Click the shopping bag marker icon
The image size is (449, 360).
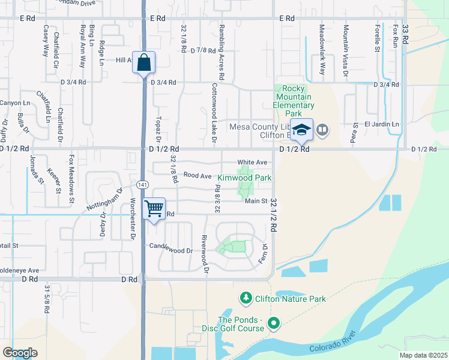click(x=144, y=62)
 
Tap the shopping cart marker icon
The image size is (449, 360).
click(x=154, y=209)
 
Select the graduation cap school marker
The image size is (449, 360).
click(x=301, y=130)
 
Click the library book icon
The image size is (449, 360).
click(x=322, y=130)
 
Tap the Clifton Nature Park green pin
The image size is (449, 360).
click(x=246, y=298)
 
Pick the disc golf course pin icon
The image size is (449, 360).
click(x=274, y=324)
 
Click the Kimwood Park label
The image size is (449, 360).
click(x=244, y=178)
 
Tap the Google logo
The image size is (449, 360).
click(x=20, y=353)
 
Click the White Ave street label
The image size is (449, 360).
click(x=252, y=163)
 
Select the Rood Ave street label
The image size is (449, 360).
click(x=197, y=176)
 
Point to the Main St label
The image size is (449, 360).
click(x=256, y=202)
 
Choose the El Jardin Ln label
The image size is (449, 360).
click(x=382, y=124)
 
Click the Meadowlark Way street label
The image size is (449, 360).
click(x=322, y=53)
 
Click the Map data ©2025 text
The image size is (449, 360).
click(x=423, y=355)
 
